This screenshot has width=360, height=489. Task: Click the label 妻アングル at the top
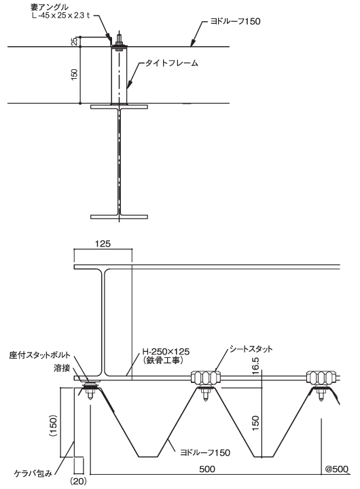pyautogui.click(x=50, y=7)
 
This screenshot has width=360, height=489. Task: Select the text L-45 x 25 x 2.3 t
pyautogui.click(x=60, y=16)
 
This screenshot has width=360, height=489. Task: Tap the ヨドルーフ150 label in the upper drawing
pyautogui.click(x=235, y=22)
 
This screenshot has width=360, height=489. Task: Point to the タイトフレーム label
pyautogui.click(x=172, y=63)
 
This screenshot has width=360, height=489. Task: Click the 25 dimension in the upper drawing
pyautogui.click(x=75, y=42)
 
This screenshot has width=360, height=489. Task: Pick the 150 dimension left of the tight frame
pyautogui.click(x=75, y=75)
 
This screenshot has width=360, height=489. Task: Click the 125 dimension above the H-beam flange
pyautogui.click(x=103, y=244)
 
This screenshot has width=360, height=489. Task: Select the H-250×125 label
pyautogui.click(x=166, y=352)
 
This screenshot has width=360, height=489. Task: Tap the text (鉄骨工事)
pyautogui.click(x=162, y=360)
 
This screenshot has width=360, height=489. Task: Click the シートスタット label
pyautogui.click(x=251, y=348)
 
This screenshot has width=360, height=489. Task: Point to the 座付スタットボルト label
pyautogui.click(x=39, y=355)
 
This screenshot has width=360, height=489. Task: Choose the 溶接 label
pyautogui.click(x=61, y=368)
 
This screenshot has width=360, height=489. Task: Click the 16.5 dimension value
pyautogui.click(x=255, y=364)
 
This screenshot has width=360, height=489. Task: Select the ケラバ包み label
pyautogui.click(x=33, y=473)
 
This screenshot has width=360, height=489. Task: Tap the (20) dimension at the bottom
pyautogui.click(x=78, y=482)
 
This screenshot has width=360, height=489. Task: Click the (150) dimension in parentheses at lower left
pyautogui.click(x=54, y=426)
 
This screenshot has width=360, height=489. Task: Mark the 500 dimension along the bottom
pyautogui.click(x=207, y=469)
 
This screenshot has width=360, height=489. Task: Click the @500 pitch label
pyautogui.click(x=337, y=469)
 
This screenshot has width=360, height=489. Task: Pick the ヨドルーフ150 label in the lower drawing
pyautogui.click(x=205, y=452)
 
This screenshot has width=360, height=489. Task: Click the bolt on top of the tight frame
pyautogui.click(x=119, y=41)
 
